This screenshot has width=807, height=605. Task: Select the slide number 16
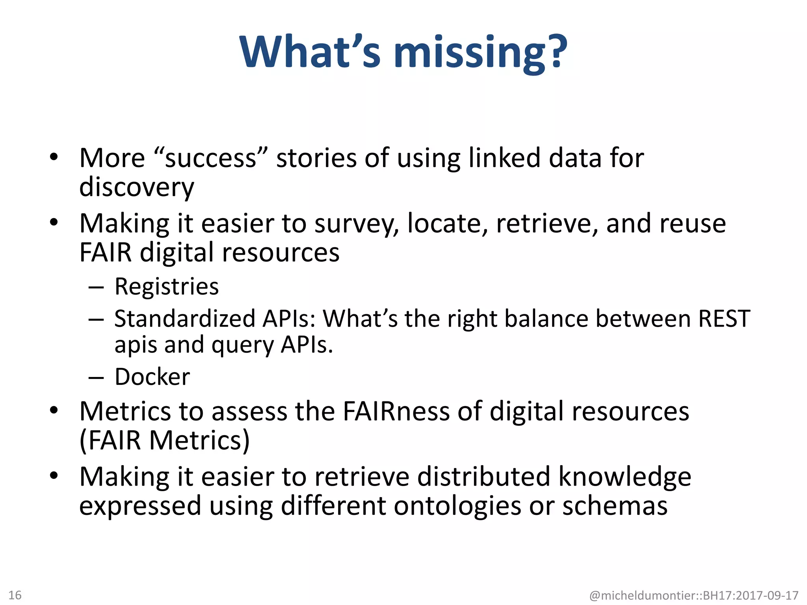(15, 595)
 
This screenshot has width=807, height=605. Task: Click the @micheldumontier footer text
(694, 595)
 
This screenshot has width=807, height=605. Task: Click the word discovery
(136, 187)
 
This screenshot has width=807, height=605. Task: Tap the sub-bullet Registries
(166, 286)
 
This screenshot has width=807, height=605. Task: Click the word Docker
(152, 377)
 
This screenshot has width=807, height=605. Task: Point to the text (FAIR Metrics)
(164, 440)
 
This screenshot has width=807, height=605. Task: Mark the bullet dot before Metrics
(54, 410)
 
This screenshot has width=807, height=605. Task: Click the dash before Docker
(96, 378)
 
